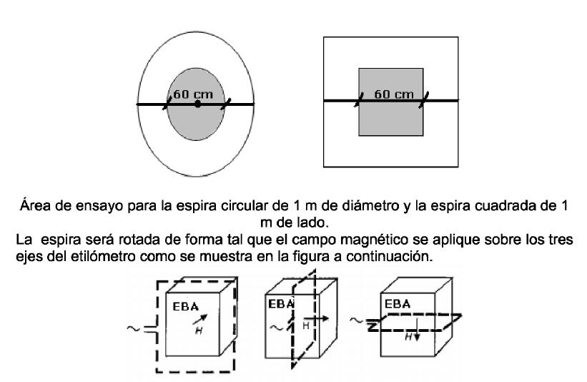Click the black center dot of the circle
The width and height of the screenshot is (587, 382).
point(198,104)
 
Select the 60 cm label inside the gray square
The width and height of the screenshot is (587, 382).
point(394,94)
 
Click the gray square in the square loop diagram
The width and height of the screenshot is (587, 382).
point(390,118)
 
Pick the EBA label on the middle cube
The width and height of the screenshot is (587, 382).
point(280,303)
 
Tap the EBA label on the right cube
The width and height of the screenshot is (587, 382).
point(398,303)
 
